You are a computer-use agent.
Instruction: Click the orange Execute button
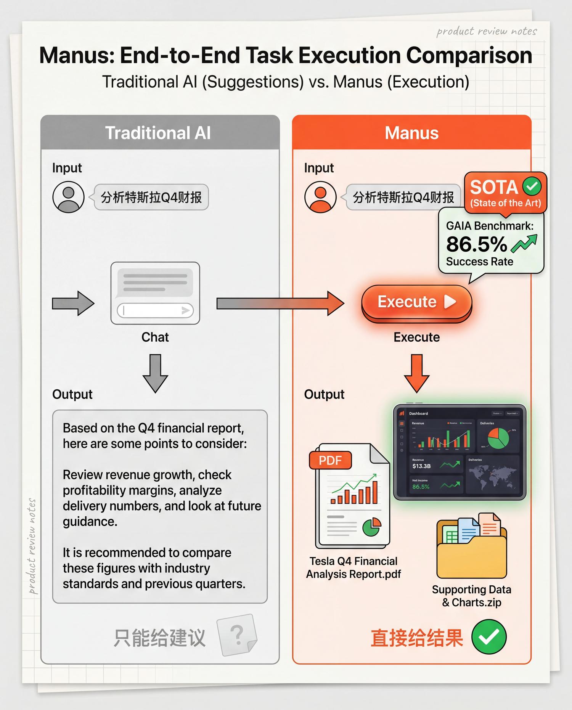[x=416, y=302]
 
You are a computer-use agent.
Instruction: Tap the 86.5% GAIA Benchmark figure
[x=476, y=244]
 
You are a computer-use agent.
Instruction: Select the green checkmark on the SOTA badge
[x=532, y=186]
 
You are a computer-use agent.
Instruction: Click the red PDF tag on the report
[x=330, y=460]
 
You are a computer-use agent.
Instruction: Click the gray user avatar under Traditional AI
[x=68, y=197]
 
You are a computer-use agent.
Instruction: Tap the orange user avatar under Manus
[x=320, y=197]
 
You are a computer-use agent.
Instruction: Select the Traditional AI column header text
[x=158, y=133]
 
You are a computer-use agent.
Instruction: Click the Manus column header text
[x=411, y=133]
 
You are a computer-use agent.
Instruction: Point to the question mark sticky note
[x=237, y=635]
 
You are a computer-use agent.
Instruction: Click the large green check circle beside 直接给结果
[x=489, y=637]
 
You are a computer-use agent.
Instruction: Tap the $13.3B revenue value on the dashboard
[x=421, y=466]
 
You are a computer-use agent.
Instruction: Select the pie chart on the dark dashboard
[x=498, y=438]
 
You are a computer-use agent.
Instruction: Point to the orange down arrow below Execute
[x=417, y=373]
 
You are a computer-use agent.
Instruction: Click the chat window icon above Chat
[x=155, y=293]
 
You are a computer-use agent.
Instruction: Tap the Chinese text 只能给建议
[x=159, y=638]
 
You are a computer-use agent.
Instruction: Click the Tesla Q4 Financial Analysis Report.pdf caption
[x=353, y=568]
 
